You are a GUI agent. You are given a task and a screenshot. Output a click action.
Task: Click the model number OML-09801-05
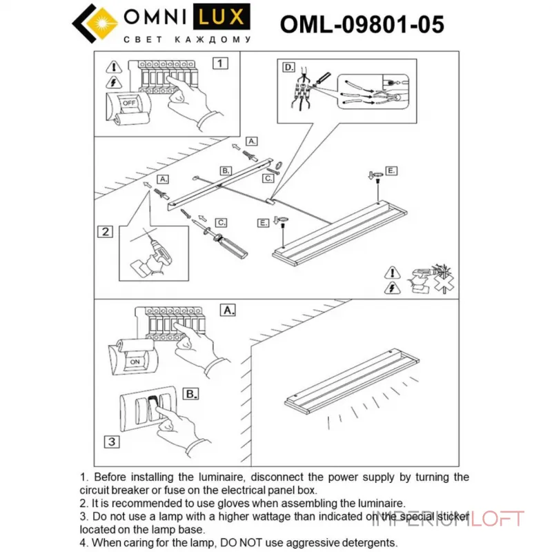click(362, 24)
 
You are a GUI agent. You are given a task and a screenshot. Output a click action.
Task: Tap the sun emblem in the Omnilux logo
click(104, 20)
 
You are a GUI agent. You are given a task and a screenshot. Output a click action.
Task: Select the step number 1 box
click(219, 63)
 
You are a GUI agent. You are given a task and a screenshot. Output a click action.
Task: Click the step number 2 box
click(105, 231)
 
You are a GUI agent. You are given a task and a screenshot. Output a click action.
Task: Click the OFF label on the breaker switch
click(129, 103)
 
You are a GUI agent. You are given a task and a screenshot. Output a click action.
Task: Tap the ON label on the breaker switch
click(134, 361)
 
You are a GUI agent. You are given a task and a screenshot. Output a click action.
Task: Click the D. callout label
click(288, 67)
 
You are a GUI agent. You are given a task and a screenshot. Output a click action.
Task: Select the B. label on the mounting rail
click(225, 170)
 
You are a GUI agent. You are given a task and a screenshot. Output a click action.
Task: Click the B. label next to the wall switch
click(191, 394)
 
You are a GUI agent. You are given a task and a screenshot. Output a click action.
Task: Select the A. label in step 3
click(228, 310)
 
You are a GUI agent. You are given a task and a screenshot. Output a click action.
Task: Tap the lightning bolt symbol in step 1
click(113, 83)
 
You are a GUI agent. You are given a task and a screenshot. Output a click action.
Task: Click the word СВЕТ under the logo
click(138, 40)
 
